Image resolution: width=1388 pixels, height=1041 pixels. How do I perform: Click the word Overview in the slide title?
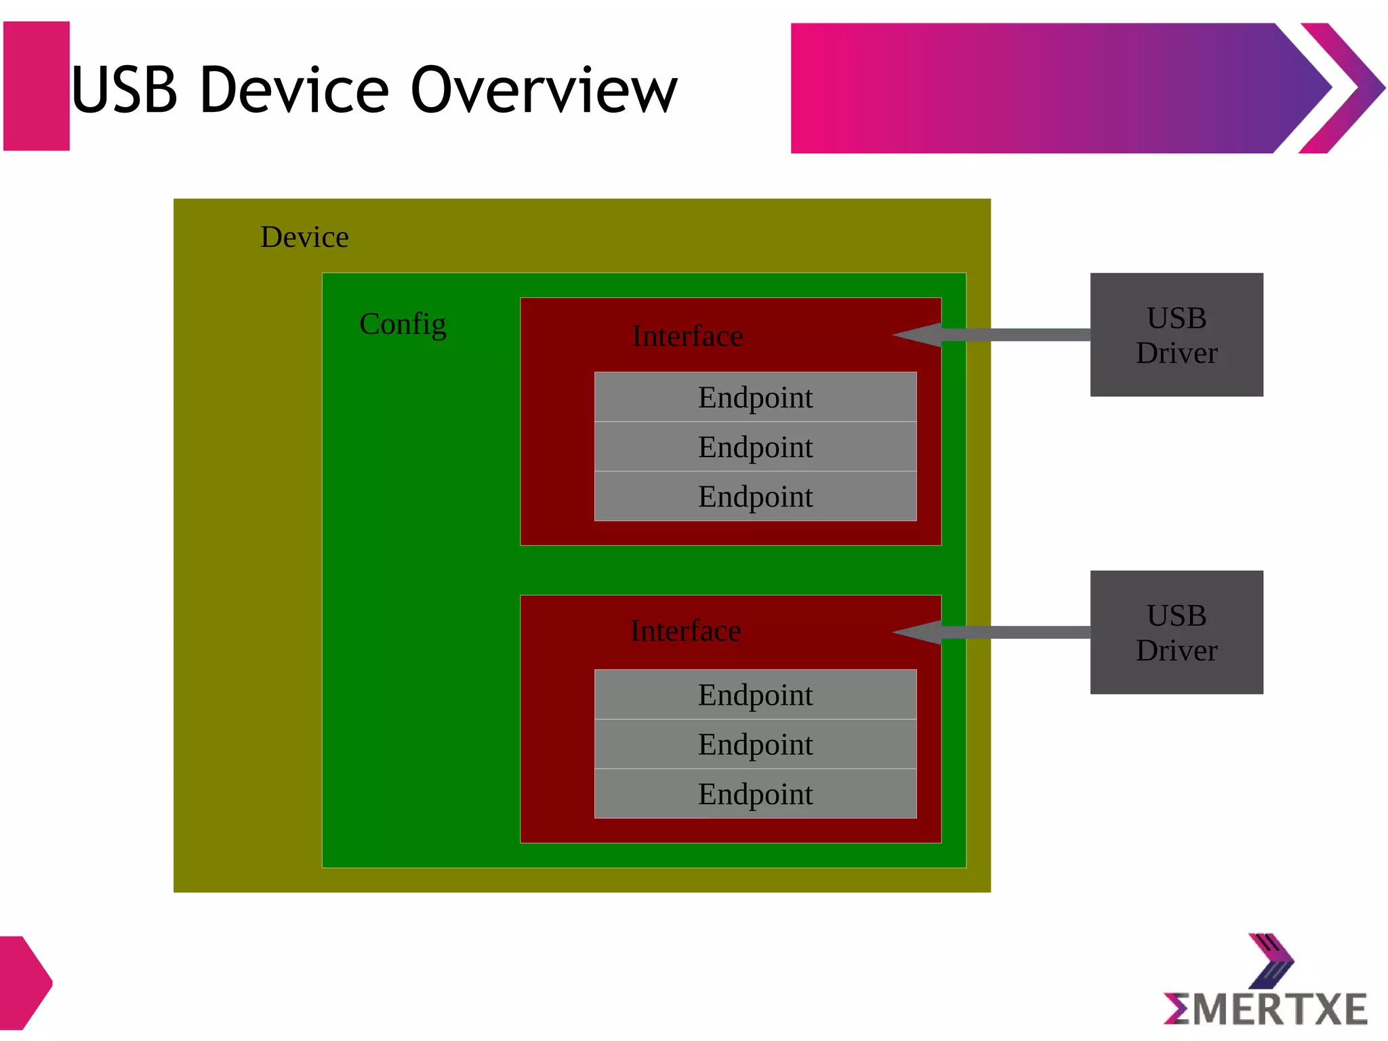544,90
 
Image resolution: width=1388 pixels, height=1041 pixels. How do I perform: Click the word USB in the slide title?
125,90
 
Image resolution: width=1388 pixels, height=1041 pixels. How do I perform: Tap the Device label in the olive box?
304,237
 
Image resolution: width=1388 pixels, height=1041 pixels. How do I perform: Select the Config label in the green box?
403,324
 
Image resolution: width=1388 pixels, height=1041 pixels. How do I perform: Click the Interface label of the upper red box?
687,336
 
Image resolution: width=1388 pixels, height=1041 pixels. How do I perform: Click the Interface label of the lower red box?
685,631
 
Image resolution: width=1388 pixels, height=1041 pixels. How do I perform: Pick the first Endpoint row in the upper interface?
755,397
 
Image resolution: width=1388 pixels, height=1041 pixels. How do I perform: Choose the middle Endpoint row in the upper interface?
755,447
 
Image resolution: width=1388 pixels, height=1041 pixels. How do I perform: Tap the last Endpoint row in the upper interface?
755,496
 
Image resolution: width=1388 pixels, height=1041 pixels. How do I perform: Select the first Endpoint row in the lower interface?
755,695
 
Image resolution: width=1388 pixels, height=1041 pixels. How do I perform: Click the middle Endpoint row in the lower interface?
755,745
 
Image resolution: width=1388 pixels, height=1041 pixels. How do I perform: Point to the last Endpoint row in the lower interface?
755,794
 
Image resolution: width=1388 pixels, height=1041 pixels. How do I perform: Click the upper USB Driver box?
1176,335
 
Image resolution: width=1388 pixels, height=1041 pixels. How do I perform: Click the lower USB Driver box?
1176,632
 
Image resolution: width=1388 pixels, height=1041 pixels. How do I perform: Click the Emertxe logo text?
1265,1009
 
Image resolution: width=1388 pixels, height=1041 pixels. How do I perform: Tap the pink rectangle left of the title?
37,86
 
